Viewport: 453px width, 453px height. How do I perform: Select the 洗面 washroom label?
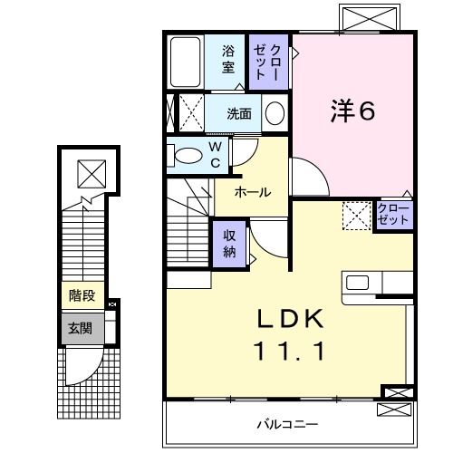(x=239, y=115)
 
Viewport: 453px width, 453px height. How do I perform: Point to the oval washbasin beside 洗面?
(x=275, y=114)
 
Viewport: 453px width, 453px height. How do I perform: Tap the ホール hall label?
(x=253, y=192)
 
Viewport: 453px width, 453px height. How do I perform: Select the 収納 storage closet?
(x=231, y=242)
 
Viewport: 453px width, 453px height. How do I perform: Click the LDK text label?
(x=287, y=321)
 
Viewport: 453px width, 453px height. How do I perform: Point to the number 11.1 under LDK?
(x=287, y=351)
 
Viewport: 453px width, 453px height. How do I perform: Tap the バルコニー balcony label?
(x=286, y=423)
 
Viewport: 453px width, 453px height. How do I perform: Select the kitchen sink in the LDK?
(x=357, y=282)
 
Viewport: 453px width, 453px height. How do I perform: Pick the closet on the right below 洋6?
(x=393, y=216)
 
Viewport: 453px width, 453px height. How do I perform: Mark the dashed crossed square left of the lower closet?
(x=356, y=217)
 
